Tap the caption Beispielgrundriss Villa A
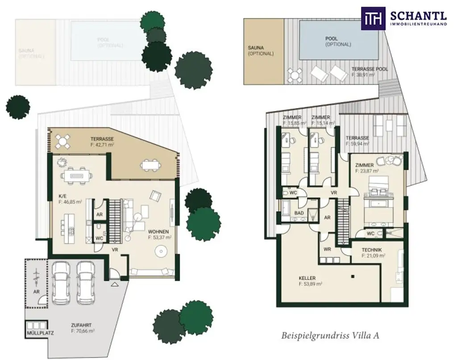pos(331,335)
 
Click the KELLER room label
pos(307,278)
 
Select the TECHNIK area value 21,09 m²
pos(374,256)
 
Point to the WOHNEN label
pos(159,232)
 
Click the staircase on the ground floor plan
pos(116,220)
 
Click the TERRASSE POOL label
pos(370,69)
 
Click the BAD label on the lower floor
pos(299,213)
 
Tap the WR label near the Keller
pos(327,249)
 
